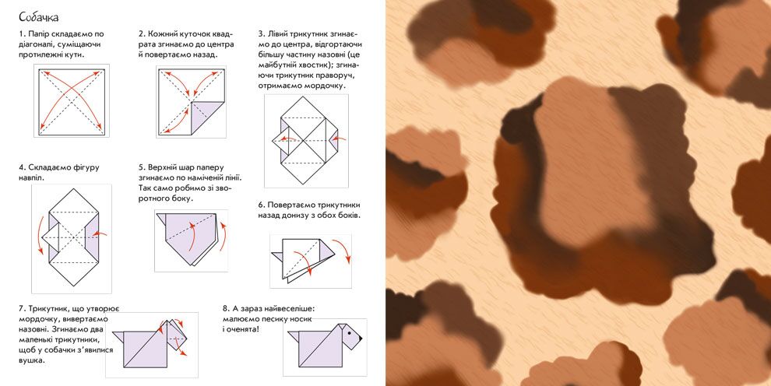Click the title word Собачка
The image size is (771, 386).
coord(38,17)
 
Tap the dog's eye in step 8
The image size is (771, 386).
coord(350,332)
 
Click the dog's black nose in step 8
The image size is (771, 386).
coord(360,338)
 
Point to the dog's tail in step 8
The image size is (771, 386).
coord(294,336)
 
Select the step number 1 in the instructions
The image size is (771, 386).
coord(21,34)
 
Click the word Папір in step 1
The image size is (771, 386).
coord(39,34)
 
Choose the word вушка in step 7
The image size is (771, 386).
coord(32,361)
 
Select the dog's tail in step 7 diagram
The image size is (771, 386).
coord(118,336)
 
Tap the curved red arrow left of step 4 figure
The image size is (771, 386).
coord(39,240)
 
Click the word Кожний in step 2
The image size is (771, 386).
coord(163,34)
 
